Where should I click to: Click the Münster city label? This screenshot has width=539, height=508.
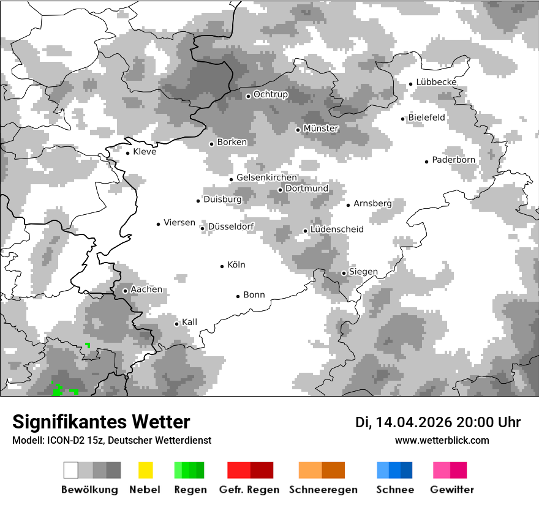321,129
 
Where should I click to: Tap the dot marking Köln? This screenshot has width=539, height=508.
222,266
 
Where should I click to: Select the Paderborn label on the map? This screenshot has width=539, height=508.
454,160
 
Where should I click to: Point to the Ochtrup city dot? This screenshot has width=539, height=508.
248,96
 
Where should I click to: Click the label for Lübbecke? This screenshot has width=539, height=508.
436,83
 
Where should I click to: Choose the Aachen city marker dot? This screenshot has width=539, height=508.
125,291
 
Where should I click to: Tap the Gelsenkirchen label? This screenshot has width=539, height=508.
266,177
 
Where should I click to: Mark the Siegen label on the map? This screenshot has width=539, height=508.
363,272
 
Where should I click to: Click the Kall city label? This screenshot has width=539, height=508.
190,322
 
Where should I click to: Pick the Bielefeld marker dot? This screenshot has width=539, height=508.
403,119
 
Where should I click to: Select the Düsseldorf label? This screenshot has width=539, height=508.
231,226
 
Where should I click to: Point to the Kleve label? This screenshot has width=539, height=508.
145,152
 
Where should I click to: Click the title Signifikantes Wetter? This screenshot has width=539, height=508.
101,422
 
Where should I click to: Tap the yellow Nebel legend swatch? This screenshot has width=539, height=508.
145,470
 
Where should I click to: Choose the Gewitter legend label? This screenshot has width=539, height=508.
452,490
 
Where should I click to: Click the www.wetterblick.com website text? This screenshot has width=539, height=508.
442,440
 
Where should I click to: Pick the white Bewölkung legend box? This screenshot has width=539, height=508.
71,470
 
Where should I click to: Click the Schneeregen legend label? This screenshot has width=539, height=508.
323,490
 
